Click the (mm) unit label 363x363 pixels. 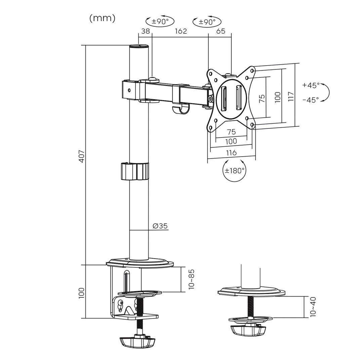[x=103, y=18]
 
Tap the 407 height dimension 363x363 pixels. [x=82, y=156]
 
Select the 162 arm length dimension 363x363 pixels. [x=180, y=31]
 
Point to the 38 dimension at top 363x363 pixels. [x=145, y=31]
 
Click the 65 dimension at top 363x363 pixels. [x=220, y=31]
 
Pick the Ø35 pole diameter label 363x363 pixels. [x=160, y=226]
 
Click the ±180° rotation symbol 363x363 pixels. [x=234, y=170]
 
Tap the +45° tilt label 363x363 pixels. [x=311, y=85]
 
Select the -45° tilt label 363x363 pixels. [x=311, y=100]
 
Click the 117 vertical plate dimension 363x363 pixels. [x=291, y=96]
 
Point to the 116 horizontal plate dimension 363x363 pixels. [x=231, y=153]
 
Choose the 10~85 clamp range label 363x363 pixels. [x=192, y=279]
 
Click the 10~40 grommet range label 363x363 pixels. [x=314, y=307]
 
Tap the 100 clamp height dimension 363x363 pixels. [x=82, y=293]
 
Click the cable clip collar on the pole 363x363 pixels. [x=134, y=171]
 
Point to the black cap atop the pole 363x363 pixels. [x=139, y=46]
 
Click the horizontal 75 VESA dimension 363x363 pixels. [x=231, y=132]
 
